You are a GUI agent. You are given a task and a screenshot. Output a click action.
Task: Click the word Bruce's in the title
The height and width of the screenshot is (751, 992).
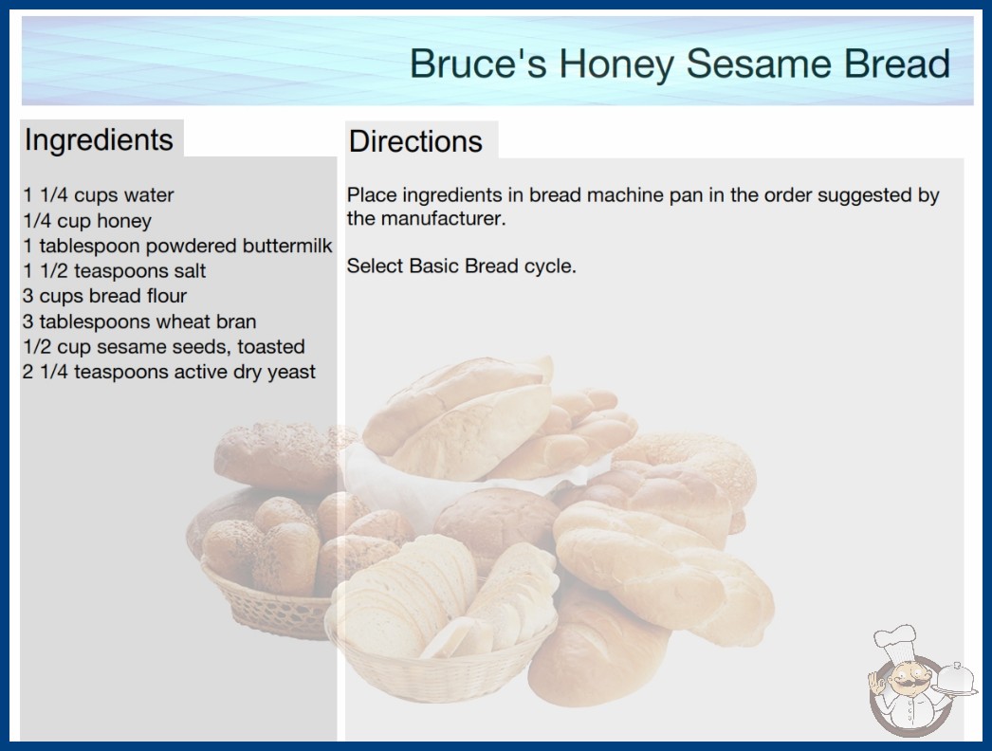[478, 64]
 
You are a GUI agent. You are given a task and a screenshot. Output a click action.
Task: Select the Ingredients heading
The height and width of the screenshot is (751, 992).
[99, 139]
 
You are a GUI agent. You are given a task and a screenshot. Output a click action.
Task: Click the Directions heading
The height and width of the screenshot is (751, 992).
[415, 141]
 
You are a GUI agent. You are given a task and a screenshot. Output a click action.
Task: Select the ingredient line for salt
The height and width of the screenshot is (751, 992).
[114, 271]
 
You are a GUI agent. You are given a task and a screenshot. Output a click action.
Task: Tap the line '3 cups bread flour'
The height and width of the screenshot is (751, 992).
[104, 296]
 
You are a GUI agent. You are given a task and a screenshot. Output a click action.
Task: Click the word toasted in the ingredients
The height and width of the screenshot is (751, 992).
[271, 346]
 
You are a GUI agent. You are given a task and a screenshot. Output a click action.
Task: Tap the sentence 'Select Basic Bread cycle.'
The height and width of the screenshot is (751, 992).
[461, 266]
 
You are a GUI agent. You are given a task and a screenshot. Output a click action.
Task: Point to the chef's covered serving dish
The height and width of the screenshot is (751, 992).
[955, 680]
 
